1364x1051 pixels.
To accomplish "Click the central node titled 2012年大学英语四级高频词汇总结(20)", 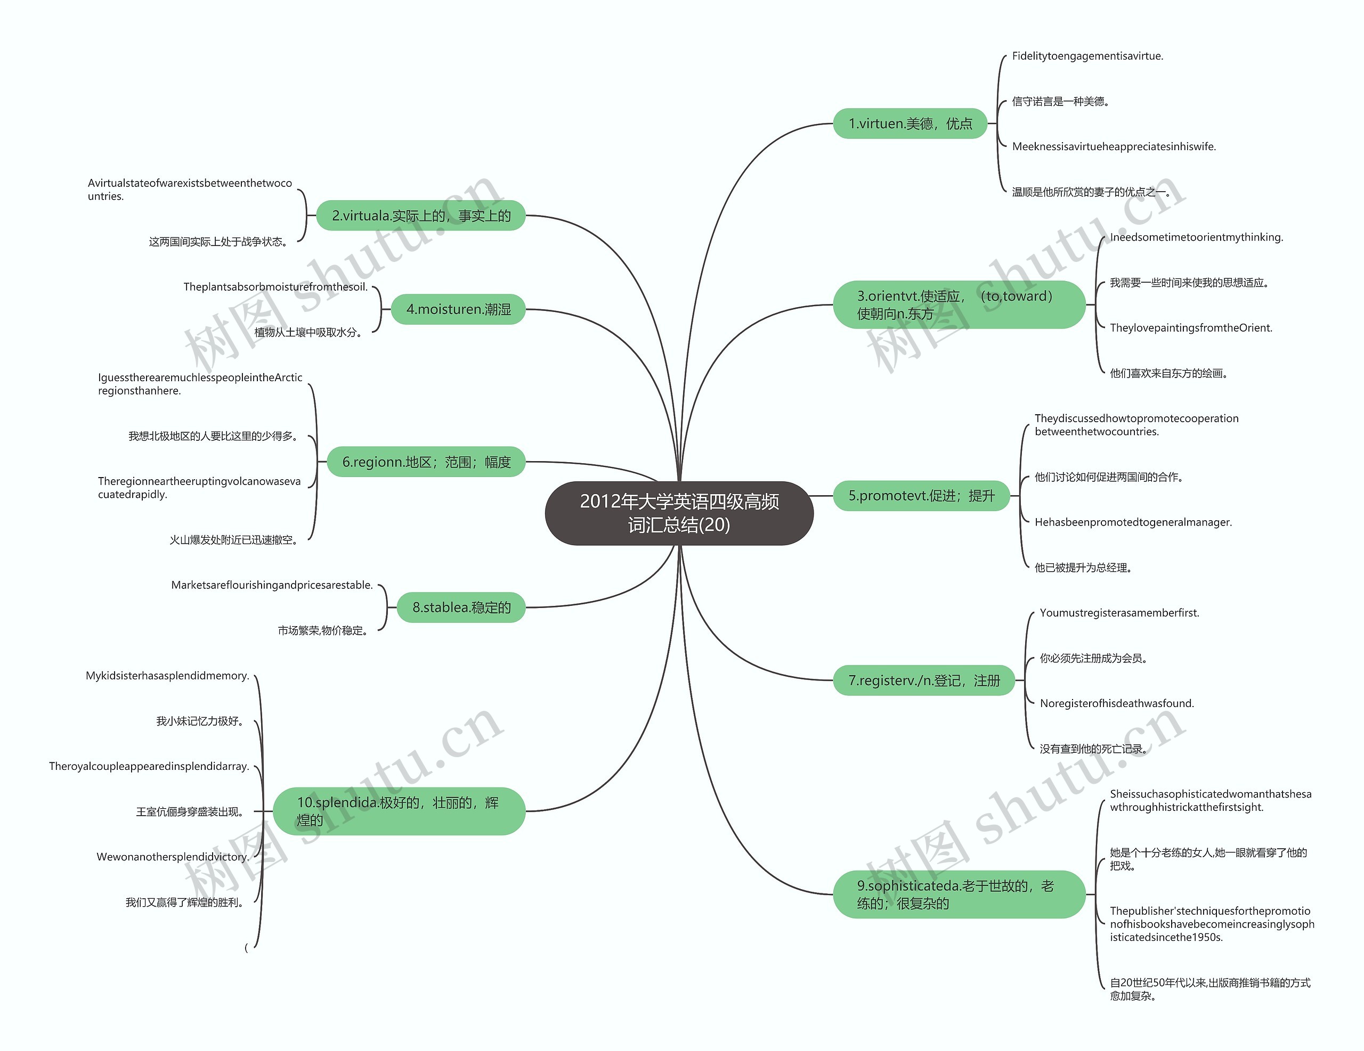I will point(679,513).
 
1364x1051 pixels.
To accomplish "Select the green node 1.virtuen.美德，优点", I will point(910,124).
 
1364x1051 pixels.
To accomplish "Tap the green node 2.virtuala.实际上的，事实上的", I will point(421,216).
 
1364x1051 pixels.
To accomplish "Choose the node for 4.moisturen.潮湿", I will point(458,309).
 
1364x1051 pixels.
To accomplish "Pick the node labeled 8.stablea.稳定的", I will point(461,608).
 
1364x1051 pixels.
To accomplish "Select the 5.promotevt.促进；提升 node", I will point(921,496).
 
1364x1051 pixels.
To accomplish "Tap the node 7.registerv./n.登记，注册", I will point(924,681).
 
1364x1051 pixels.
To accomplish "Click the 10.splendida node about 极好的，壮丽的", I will point(399,811).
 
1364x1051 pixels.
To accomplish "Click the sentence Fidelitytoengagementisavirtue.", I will point(1087,56).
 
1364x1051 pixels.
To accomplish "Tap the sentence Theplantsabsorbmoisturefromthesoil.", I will point(275,287).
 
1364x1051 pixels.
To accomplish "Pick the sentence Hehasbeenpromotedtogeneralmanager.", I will point(1133,522).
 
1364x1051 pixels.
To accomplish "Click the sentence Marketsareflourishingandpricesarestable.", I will point(272,586).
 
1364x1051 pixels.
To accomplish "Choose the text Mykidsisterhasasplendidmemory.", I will point(167,676).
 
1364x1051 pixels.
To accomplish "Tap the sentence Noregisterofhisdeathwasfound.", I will point(1117,704).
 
